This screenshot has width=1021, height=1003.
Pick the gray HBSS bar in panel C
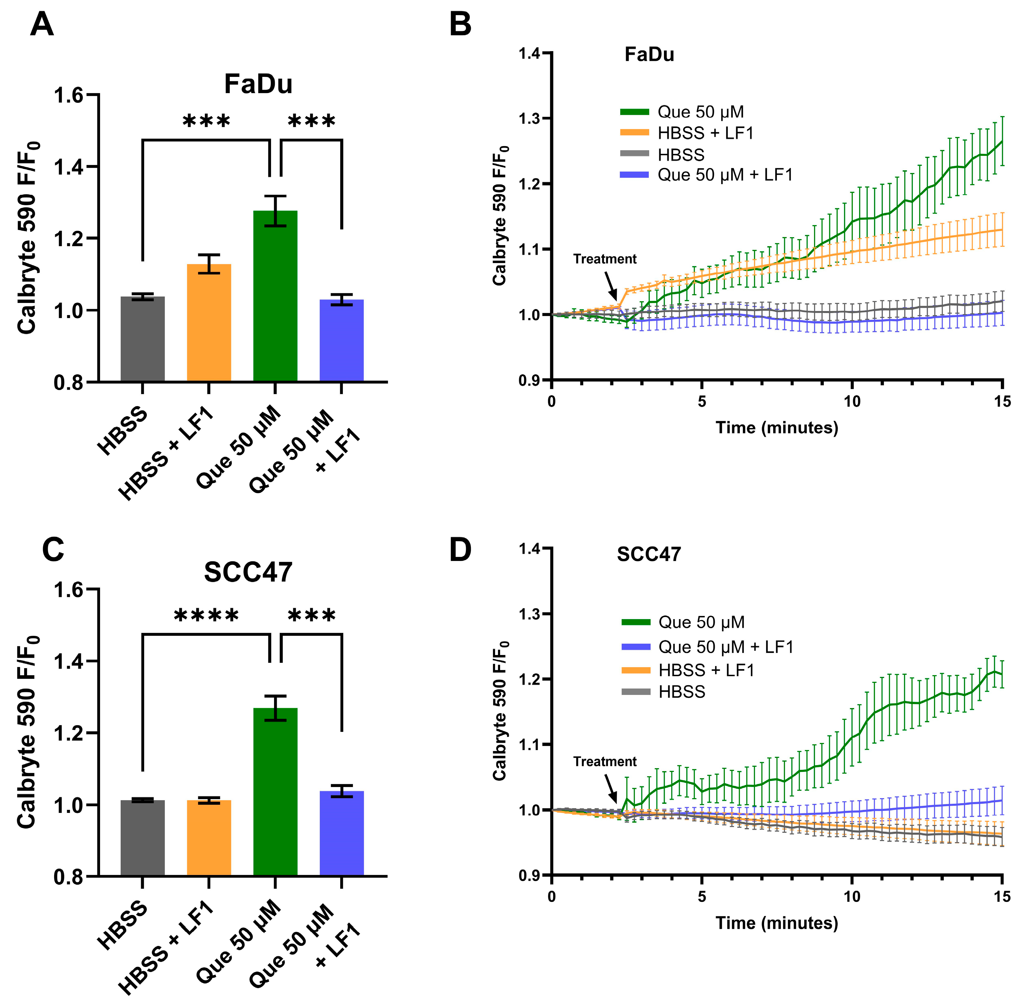click(x=142, y=838)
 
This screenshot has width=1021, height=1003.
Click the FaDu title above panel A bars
click(x=258, y=84)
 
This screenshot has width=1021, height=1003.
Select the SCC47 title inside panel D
click(x=649, y=554)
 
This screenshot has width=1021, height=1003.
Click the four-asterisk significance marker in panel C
click(x=206, y=615)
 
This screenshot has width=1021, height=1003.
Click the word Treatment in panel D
click(x=605, y=761)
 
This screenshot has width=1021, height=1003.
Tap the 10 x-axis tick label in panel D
click(x=852, y=896)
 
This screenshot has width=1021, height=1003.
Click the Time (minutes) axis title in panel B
click(x=776, y=427)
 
